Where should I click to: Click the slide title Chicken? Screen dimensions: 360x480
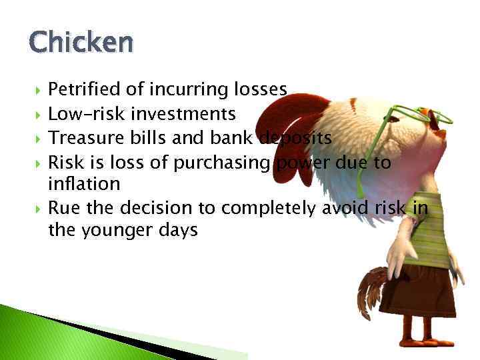click(x=81, y=43)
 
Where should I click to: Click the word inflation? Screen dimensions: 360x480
click(x=84, y=183)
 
